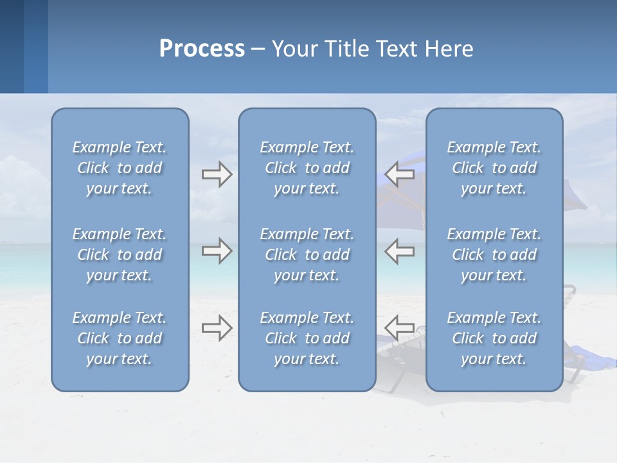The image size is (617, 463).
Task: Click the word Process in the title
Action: pyautogui.click(x=202, y=49)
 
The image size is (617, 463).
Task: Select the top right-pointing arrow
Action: pyautogui.click(x=217, y=174)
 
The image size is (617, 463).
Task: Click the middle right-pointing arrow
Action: pyautogui.click(x=217, y=251)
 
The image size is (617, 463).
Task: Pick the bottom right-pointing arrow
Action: pyautogui.click(x=217, y=328)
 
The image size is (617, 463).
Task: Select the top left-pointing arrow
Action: pyautogui.click(x=400, y=174)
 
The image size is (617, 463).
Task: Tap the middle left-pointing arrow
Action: pyautogui.click(x=400, y=251)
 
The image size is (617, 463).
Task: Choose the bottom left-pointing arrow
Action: pyautogui.click(x=400, y=328)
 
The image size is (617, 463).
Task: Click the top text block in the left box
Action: pyautogui.click(x=120, y=168)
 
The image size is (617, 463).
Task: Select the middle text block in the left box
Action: pyautogui.click(x=120, y=255)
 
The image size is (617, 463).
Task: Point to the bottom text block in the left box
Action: pyautogui.click(x=120, y=338)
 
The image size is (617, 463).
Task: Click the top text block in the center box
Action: pyautogui.click(x=307, y=168)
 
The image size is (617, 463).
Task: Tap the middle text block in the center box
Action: pyautogui.click(x=307, y=255)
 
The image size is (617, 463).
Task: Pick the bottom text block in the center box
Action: pyautogui.click(x=307, y=338)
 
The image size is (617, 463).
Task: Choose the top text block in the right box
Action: pyautogui.click(x=494, y=168)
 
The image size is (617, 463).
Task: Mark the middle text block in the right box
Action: pyautogui.click(x=494, y=255)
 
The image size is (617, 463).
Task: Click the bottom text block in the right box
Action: pyautogui.click(x=494, y=338)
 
